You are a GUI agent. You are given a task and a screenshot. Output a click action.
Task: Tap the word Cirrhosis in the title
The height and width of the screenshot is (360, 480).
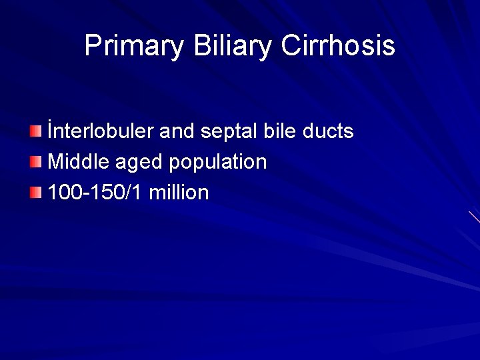(x=338, y=47)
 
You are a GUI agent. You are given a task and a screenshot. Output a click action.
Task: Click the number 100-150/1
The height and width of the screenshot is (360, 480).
(x=95, y=193)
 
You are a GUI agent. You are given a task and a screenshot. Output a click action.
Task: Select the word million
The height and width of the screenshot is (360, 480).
(x=179, y=193)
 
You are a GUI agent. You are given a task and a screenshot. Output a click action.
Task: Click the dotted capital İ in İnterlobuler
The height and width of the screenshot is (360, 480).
(x=51, y=131)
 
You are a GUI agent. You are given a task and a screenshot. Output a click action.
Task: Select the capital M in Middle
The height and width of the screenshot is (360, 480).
(x=56, y=162)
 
